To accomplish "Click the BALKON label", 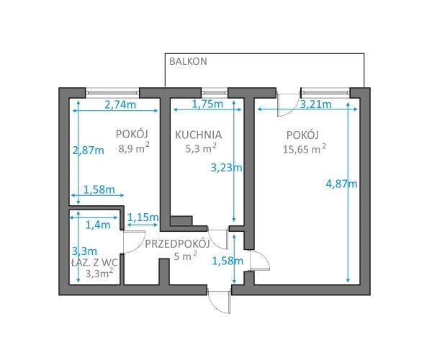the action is (x=188, y=61).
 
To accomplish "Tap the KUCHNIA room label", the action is (x=199, y=135).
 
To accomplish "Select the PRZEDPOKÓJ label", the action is (x=177, y=244).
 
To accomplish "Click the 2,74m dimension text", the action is (x=120, y=104).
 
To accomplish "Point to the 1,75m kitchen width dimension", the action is (x=207, y=104).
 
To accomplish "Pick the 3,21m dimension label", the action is (x=316, y=104).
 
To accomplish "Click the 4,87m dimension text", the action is (x=341, y=184).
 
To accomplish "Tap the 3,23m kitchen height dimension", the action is (x=227, y=168).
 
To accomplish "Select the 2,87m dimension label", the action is (x=88, y=150).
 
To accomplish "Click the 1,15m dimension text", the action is (x=143, y=217).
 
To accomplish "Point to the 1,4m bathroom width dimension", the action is (x=98, y=225).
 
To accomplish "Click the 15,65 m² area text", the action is (x=305, y=149).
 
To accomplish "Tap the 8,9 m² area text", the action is (x=134, y=148).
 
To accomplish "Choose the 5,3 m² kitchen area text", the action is (x=201, y=148).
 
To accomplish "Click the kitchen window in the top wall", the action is (x=215, y=93).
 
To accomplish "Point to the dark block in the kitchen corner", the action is (x=181, y=220).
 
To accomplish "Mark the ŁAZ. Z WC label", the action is (x=94, y=263).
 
